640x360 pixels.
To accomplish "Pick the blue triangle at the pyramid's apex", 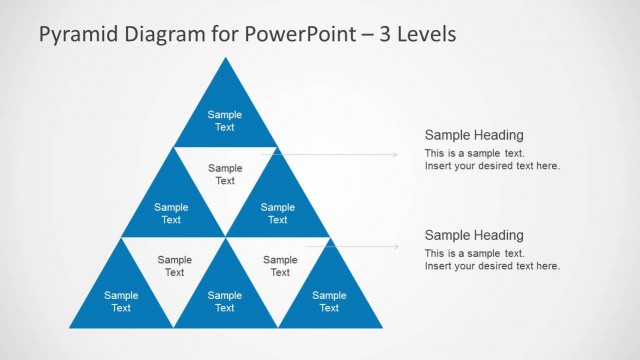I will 225,116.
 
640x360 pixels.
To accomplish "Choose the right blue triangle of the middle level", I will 278,209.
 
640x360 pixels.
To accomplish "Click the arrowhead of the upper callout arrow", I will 394,154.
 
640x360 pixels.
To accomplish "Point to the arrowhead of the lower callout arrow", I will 394,244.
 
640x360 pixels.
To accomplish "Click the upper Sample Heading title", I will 474,135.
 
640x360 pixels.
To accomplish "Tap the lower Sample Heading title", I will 474,235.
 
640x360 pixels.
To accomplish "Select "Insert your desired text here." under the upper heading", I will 492,166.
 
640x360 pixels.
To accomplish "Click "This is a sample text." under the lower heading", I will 475,254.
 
